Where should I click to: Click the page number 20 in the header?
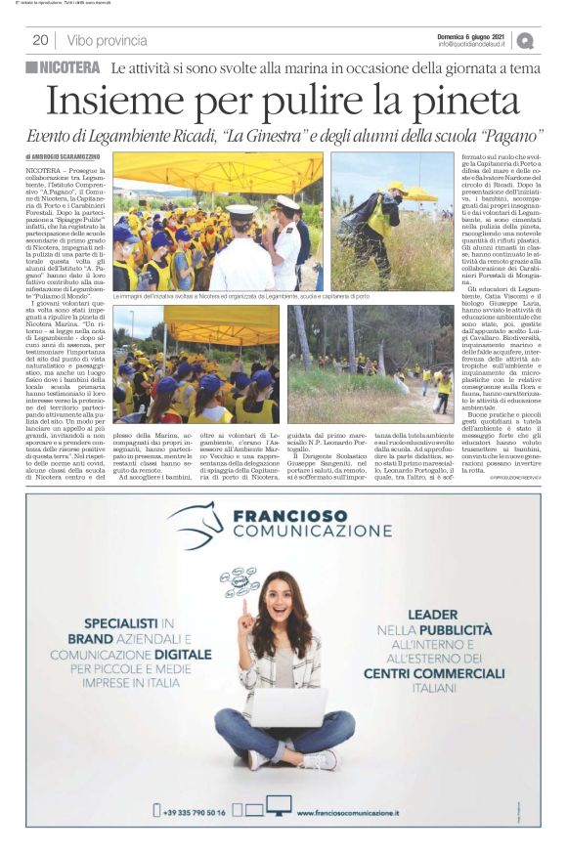(40, 40)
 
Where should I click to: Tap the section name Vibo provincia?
(108, 40)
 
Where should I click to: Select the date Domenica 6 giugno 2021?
(472, 35)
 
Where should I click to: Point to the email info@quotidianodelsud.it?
(472, 44)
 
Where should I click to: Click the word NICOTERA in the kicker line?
(69, 67)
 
